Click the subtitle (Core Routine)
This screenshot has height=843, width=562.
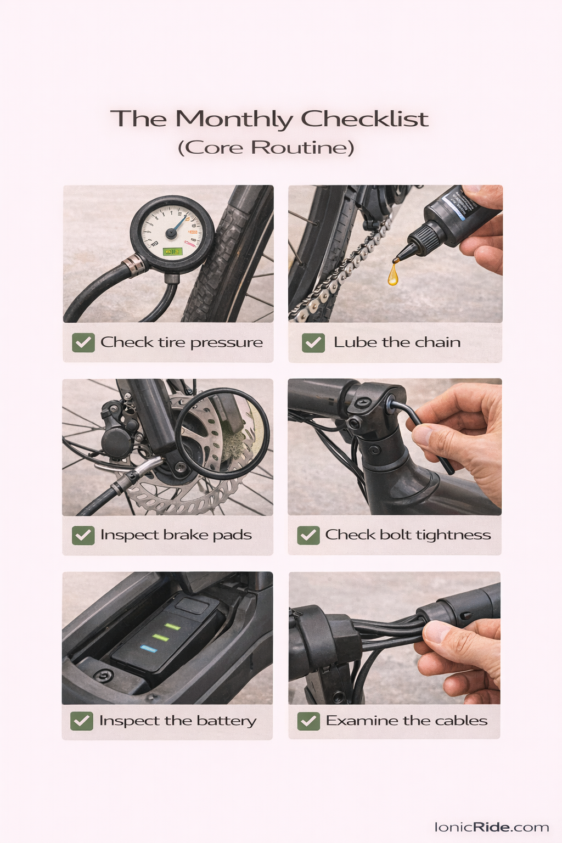(266, 148)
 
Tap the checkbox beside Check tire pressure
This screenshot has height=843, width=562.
(83, 342)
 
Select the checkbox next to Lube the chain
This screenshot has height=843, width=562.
(313, 342)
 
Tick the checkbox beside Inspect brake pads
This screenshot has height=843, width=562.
(83, 535)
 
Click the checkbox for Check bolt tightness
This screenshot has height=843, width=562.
(308, 535)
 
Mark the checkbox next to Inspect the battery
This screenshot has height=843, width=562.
(82, 721)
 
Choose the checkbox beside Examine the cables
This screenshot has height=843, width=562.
(308, 721)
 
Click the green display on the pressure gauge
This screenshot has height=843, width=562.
(172, 251)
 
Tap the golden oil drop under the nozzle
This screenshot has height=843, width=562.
(392, 274)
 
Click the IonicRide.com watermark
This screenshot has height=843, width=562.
(491, 827)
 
